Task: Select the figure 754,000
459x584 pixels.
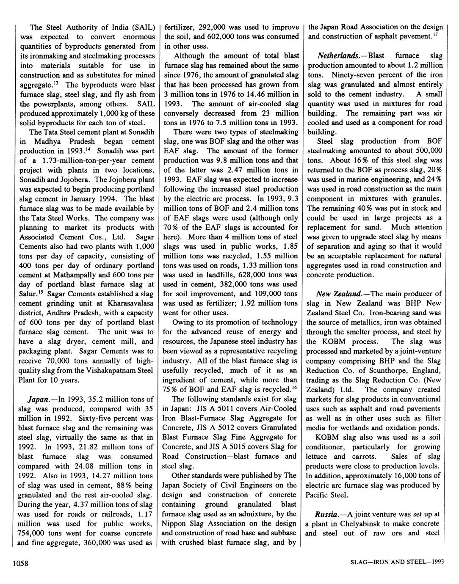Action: pos(34,533)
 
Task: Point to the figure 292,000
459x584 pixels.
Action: pos(214,28)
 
